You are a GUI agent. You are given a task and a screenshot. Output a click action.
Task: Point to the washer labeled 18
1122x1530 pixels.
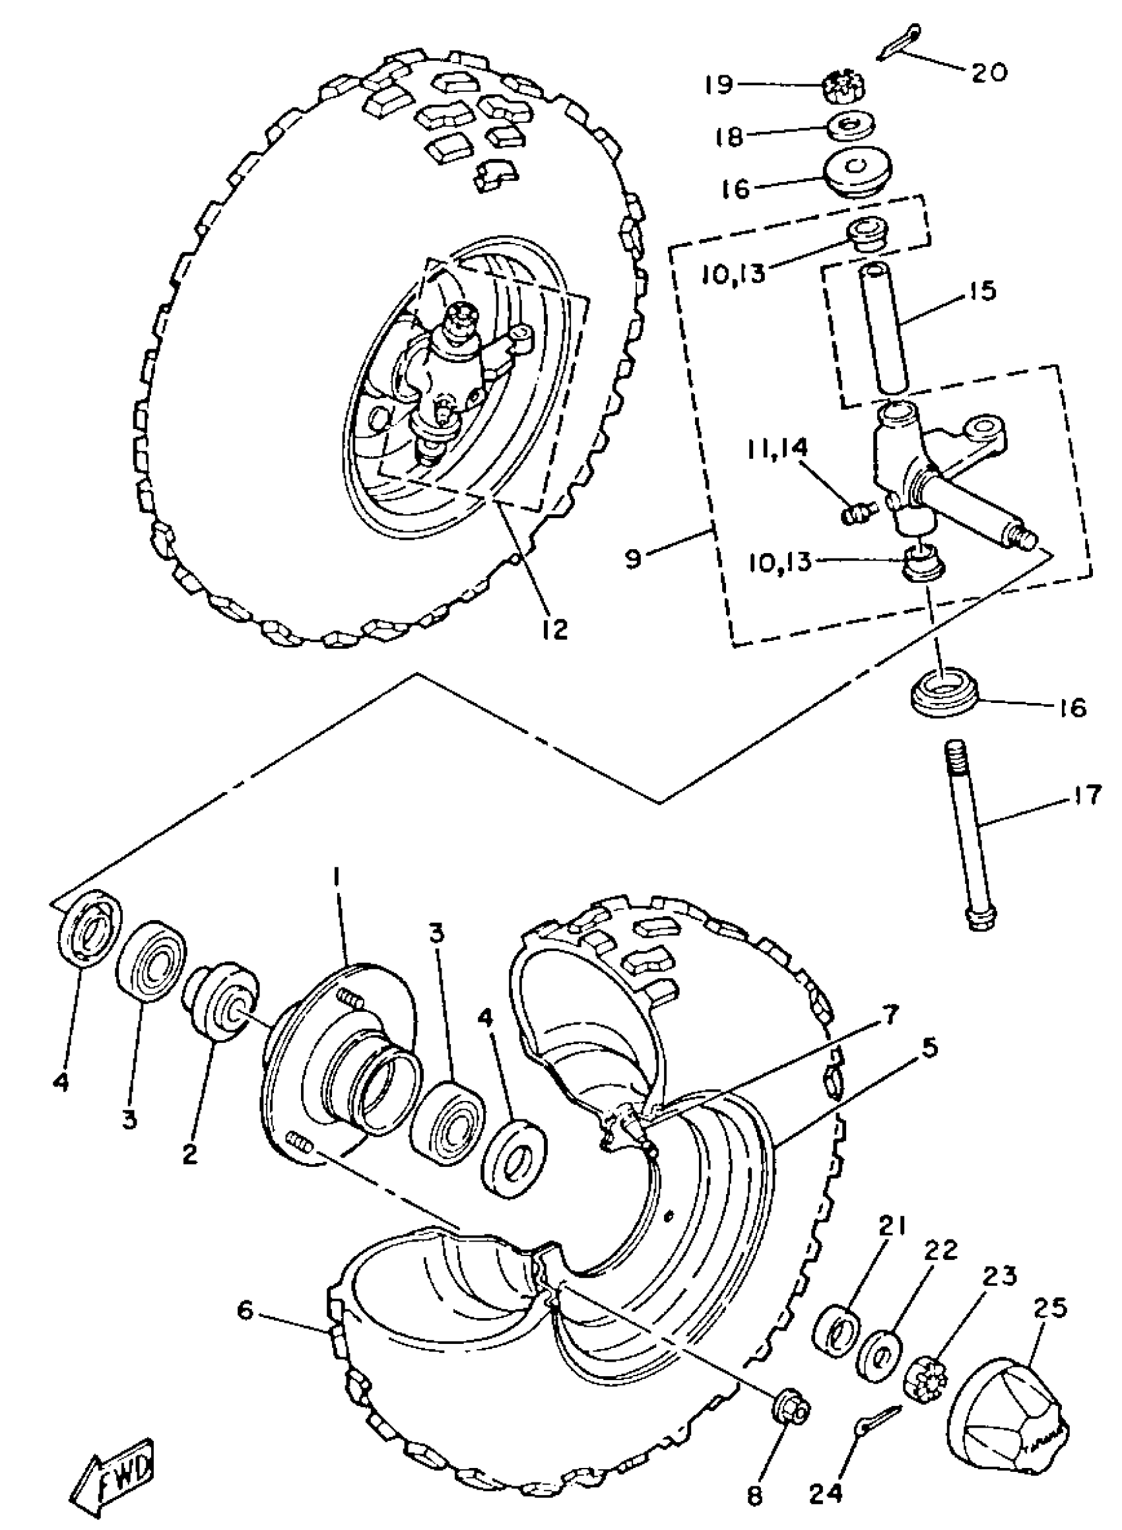click(x=851, y=125)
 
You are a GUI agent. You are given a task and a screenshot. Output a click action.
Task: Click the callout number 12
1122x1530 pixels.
click(x=555, y=629)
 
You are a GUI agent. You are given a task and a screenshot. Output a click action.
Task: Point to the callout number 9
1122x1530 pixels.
click(x=633, y=560)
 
